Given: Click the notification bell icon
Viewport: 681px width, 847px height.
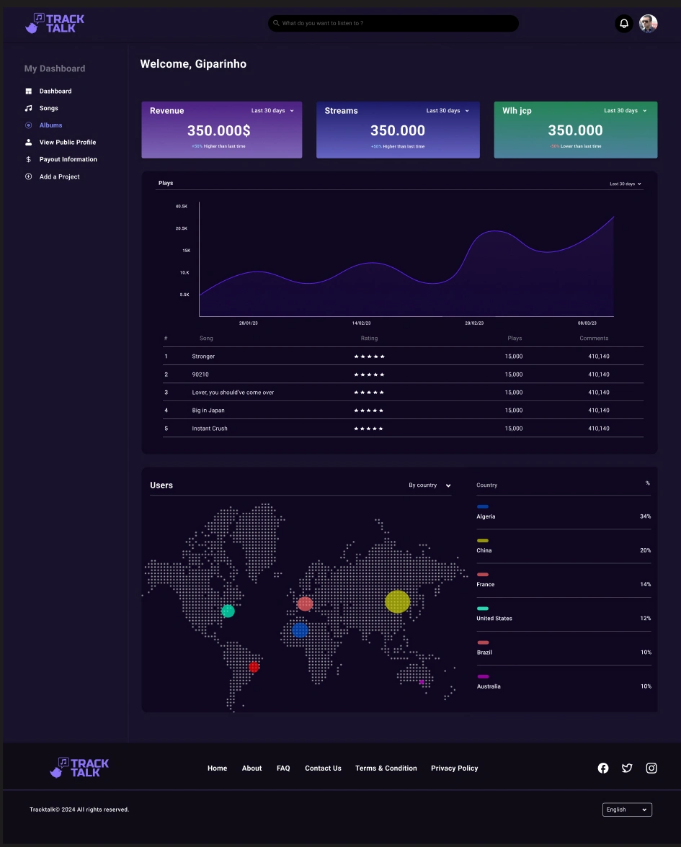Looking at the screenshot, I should click(624, 24).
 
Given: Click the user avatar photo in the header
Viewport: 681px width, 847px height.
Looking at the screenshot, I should click(649, 24).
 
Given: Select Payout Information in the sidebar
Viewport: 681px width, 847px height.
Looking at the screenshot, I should click(68, 159).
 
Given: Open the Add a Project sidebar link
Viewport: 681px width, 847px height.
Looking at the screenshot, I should click(59, 176).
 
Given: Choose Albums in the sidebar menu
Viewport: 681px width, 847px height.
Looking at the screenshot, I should click(50, 125).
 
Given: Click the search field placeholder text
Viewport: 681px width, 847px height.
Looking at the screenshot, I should click(322, 23).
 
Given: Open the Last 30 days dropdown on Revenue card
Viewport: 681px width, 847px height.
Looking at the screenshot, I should click(272, 111).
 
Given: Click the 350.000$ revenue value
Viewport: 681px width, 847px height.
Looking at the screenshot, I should click(219, 130).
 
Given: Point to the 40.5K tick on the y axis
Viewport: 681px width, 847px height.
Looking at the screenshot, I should click(182, 206).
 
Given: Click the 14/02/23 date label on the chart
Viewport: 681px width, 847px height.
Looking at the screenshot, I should click(361, 323).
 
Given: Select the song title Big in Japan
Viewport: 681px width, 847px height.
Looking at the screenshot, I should click(208, 411).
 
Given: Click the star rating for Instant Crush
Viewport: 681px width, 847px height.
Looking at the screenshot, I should click(369, 429).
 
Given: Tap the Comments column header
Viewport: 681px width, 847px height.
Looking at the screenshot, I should click(594, 338).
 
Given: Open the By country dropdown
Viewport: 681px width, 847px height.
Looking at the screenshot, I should click(429, 485).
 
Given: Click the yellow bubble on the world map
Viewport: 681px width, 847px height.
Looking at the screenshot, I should click(397, 601).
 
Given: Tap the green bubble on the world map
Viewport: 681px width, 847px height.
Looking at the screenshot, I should click(228, 611).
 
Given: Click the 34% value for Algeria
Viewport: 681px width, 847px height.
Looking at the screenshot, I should click(645, 516).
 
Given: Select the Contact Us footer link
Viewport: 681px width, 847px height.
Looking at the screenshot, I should click(323, 768).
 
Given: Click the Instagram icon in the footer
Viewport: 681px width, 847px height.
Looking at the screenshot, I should click(651, 768).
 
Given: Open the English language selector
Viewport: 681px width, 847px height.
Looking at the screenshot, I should click(627, 810).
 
